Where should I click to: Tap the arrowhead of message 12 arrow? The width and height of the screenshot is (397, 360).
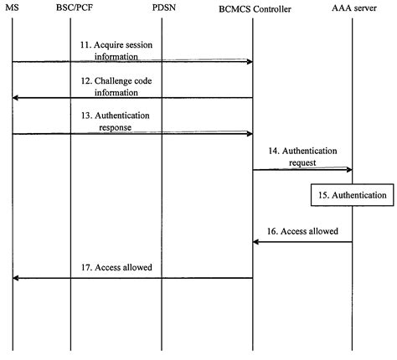pyautogui.click(x=16, y=98)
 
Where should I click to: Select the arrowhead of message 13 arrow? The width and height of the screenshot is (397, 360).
pyautogui.click(x=249, y=134)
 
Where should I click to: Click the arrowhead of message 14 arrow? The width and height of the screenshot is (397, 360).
pyautogui.click(x=348, y=170)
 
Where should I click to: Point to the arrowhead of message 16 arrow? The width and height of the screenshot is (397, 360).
pyautogui.click(x=257, y=242)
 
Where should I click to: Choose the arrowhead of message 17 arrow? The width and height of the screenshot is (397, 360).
pyautogui.click(x=16, y=278)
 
